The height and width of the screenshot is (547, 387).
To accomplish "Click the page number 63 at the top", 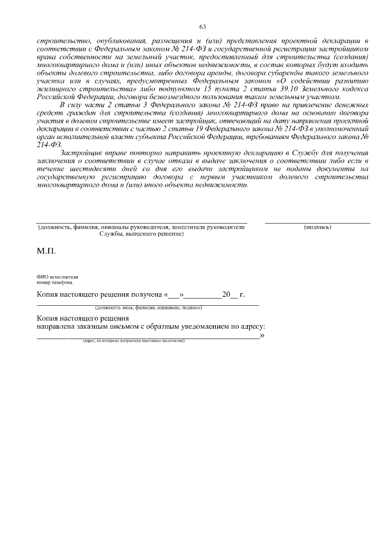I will point(203,26).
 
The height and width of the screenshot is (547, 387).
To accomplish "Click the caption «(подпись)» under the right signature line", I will point(317,227).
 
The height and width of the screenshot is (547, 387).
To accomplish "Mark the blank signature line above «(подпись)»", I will point(317,223).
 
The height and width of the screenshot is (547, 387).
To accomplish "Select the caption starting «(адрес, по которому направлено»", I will point(134,341).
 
